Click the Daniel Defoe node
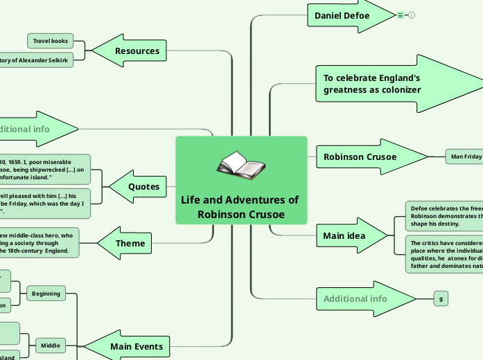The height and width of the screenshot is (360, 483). pyautogui.click(x=342, y=15)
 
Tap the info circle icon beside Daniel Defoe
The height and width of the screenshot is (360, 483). pyautogui.click(x=412, y=15)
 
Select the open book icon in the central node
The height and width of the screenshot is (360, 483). pyautogui.click(x=240, y=165)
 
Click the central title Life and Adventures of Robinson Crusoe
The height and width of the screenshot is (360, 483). pyautogui.click(x=240, y=207)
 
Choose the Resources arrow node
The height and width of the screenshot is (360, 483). pyautogui.click(x=137, y=51)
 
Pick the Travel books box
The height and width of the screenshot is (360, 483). pyautogui.click(x=50, y=42)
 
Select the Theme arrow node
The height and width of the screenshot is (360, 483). pyautogui.click(x=130, y=243)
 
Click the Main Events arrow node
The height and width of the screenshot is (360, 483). pyautogui.click(x=137, y=346)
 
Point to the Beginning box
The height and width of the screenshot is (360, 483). pyautogui.click(x=46, y=294)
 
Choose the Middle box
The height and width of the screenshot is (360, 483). pyautogui.click(x=51, y=345)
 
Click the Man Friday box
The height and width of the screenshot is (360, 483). pyautogui.click(x=464, y=156)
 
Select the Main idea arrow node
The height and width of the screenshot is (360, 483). pyautogui.click(x=344, y=235)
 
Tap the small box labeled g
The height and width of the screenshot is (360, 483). pyautogui.click(x=441, y=298)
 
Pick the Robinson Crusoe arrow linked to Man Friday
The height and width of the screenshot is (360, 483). pyautogui.click(x=360, y=156)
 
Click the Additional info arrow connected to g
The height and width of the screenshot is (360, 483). pyautogui.click(x=356, y=298)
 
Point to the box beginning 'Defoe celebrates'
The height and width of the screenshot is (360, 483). pyautogui.click(x=444, y=215)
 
